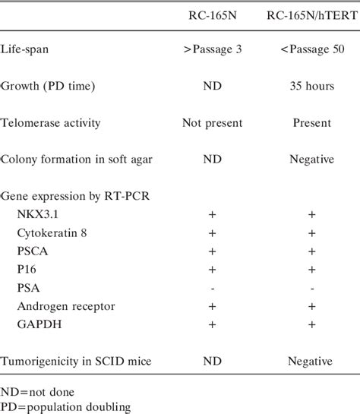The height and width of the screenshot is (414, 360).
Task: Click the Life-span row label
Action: tap(30, 50)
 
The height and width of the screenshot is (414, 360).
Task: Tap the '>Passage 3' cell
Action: tap(213, 50)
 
